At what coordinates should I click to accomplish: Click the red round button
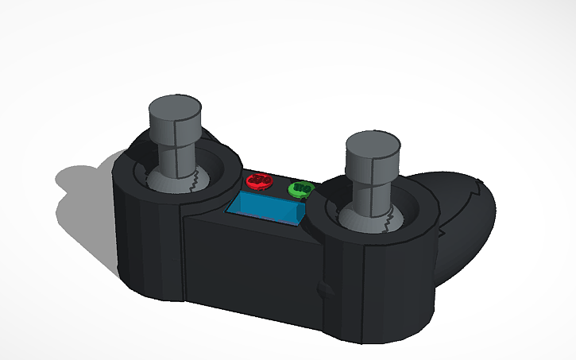pos(257,180)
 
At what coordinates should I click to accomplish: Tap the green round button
pos(300,189)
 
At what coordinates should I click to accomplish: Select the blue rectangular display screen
pos(265,207)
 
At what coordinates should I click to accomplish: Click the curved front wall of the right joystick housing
pos(381,286)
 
